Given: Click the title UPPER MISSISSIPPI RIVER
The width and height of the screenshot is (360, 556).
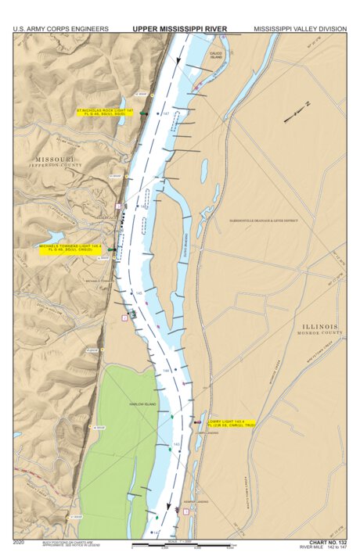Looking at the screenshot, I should click(179, 29).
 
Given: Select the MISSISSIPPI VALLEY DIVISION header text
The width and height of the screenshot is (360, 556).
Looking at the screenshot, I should click(300, 29).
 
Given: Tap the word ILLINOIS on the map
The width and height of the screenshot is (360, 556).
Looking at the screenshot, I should click(321, 326).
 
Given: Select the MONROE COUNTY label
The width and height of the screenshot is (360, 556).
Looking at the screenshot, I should click(321, 333).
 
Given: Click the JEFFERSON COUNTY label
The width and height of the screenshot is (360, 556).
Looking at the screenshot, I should click(55, 166).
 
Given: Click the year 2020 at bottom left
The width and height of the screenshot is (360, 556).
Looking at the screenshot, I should click(19, 541).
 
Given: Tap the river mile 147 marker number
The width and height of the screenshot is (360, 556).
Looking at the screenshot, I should click(165, 114).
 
